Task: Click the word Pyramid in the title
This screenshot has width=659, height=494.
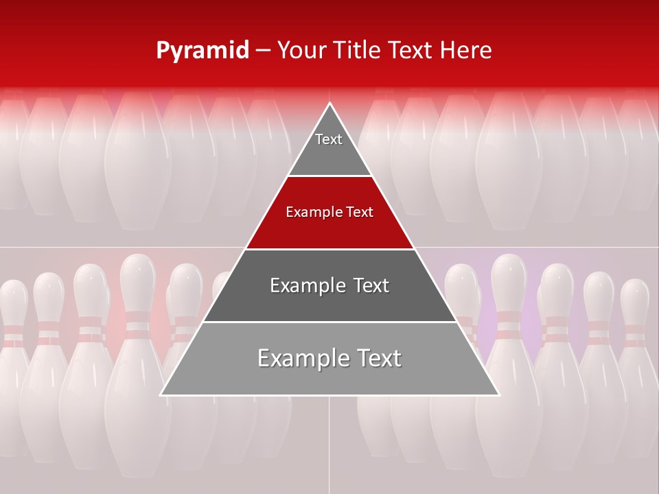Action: pos(203,51)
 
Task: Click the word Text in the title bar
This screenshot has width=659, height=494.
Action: pos(413,50)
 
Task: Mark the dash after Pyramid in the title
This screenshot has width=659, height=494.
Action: pos(263,51)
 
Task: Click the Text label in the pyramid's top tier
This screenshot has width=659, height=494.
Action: pos(329,139)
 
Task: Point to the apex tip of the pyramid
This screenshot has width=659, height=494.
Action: pos(329,104)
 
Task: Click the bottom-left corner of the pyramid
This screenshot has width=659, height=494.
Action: pos(161,395)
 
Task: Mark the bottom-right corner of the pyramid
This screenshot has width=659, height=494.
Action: pos(498,395)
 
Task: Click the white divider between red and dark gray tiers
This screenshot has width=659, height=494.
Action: pos(329,249)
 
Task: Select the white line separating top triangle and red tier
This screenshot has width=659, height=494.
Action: pos(329,176)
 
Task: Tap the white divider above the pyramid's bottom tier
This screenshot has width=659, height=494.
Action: pos(329,322)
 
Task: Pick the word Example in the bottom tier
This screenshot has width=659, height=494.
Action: pos(302,358)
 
